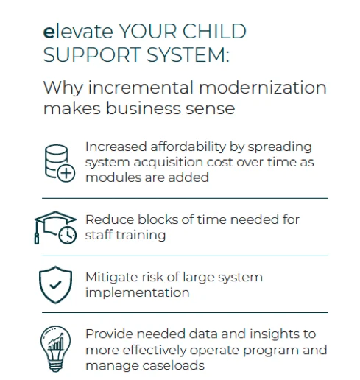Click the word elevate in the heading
[78, 32]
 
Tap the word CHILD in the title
[214, 31]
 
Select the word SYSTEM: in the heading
[188, 54]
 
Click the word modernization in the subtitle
[263, 88]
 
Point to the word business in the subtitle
[144, 108]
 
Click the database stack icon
[60, 163]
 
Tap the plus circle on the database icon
[66, 173]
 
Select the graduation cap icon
[55, 228]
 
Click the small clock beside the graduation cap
[68, 235]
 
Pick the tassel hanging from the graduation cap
[37, 233]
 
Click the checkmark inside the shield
[55, 285]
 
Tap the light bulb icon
[55, 348]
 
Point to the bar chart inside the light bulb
[56, 342]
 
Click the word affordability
[188, 147]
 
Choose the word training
[141, 236]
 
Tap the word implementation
[138, 293]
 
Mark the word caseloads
[173, 365]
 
